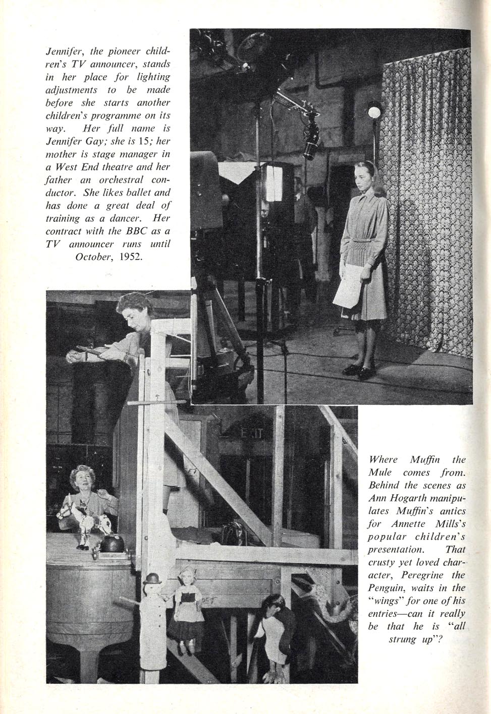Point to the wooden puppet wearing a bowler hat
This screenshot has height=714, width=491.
point(151,605)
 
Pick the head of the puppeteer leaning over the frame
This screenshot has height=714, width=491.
point(132,309)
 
